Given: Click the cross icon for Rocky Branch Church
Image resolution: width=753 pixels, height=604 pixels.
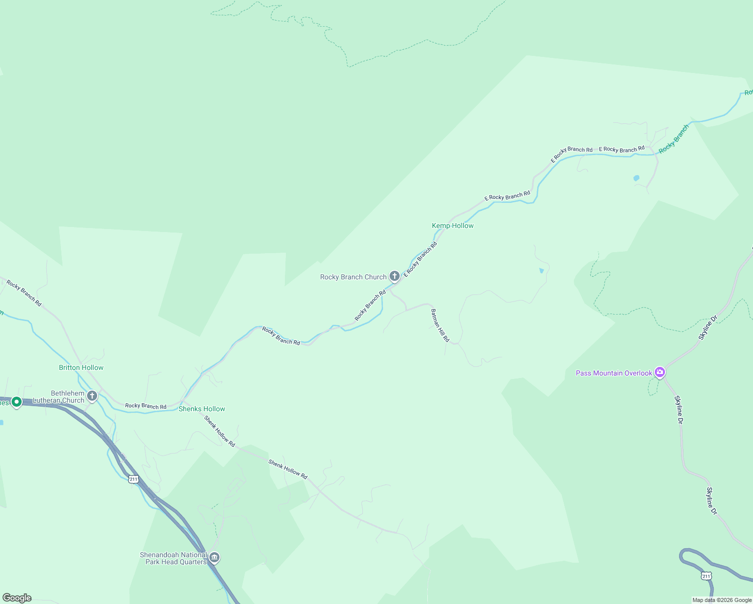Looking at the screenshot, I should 395,276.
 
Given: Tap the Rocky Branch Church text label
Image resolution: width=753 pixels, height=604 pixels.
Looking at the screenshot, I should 353,277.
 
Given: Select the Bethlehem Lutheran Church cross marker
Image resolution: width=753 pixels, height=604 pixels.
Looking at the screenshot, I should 92,396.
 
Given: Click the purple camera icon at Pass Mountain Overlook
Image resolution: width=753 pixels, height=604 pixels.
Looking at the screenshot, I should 660,372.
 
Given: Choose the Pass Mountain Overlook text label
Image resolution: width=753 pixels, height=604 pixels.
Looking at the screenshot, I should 614,373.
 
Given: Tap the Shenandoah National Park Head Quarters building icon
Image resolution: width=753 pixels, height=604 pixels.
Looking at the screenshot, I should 214,557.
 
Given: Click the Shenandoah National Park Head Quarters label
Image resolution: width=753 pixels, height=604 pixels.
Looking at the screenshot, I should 174,558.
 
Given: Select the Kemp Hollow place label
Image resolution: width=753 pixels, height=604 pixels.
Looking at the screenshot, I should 453,225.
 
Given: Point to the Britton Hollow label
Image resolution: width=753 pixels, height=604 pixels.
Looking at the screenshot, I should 81,367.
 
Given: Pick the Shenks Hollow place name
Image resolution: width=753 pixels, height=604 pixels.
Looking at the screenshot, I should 202,409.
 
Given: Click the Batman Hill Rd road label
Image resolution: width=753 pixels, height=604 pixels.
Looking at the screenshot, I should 440,326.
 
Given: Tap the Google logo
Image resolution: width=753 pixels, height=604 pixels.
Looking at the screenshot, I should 17,598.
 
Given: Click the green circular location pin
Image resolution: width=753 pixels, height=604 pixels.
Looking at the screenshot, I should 16,402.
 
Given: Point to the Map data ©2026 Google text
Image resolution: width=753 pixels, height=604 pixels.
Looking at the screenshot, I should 722,600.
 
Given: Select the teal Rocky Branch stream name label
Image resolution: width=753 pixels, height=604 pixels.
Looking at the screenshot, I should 673,139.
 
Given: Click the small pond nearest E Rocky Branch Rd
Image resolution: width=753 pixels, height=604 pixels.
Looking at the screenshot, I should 636,178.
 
